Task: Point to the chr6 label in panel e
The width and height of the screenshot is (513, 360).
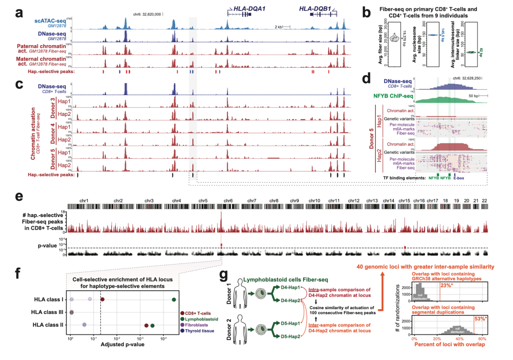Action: coord(229,201)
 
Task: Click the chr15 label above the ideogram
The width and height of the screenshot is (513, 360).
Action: coord(404,201)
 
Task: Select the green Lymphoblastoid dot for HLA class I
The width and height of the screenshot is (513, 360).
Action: coord(174,300)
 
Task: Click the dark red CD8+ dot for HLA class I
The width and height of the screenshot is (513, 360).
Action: coord(102,300)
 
